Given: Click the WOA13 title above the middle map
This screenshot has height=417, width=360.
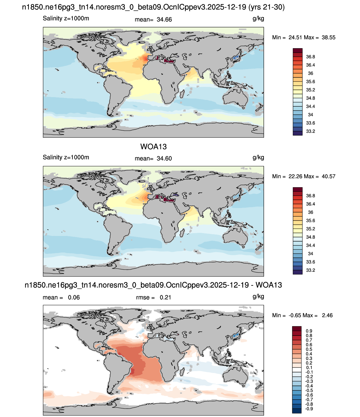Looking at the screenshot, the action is click(x=153, y=147).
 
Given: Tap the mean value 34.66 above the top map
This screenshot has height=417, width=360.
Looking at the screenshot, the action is click(x=164, y=20).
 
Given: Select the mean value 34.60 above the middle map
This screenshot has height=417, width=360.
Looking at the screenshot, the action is click(x=164, y=159).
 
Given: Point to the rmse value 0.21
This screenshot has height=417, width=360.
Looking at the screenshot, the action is click(x=165, y=297).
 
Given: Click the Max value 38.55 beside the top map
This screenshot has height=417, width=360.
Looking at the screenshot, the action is click(x=329, y=38).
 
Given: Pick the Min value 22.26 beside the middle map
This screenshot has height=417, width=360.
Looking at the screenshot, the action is click(x=295, y=177).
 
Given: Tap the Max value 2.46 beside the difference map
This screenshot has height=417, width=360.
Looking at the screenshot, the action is click(x=327, y=315).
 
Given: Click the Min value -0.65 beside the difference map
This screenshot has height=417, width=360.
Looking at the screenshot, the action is click(x=295, y=315).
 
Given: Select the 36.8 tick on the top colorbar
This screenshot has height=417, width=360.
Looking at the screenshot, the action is click(x=310, y=57).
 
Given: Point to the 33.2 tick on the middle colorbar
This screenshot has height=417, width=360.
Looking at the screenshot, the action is click(x=310, y=270).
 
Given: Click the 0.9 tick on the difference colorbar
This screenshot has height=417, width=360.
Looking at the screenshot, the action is click(x=309, y=331).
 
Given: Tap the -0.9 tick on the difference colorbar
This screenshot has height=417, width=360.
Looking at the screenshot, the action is click(x=309, y=409).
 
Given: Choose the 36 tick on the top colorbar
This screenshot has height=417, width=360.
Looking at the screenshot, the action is click(x=310, y=73).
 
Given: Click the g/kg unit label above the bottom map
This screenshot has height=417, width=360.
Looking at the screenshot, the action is click(x=258, y=297).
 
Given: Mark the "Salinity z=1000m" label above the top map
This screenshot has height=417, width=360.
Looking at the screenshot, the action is click(x=66, y=18).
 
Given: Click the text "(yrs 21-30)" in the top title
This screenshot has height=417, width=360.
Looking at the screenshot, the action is click(x=266, y=7).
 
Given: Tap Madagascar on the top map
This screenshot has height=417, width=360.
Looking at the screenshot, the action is click(x=182, y=94).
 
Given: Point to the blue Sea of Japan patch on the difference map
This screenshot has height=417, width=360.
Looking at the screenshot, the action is click(x=235, y=336).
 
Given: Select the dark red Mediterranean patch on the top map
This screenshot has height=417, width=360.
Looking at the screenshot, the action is click(x=169, y=61).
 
